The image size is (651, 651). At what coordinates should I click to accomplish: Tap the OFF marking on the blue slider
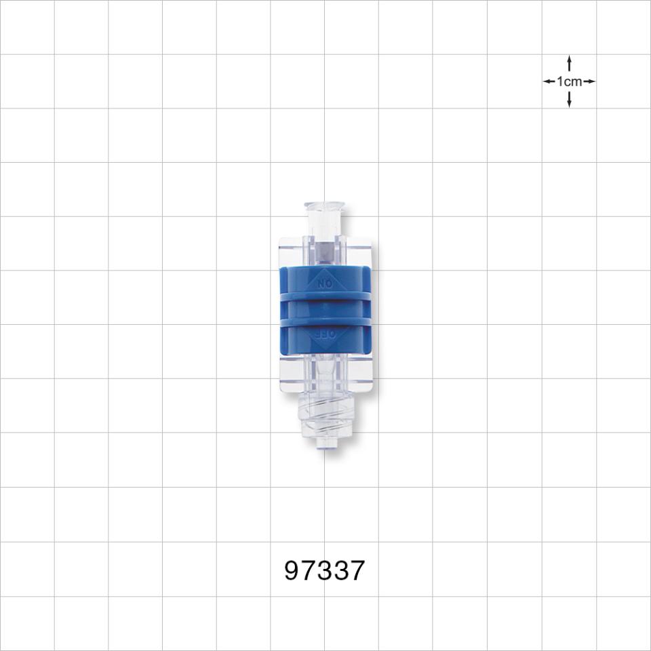[325, 334]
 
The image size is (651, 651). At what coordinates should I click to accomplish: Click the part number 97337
[325, 571]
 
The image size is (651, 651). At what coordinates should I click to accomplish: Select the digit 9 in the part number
[293, 571]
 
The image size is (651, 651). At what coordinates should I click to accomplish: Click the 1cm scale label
[569, 81]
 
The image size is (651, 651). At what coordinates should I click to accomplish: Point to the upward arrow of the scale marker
[569, 63]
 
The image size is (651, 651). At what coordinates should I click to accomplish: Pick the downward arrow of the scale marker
[569, 100]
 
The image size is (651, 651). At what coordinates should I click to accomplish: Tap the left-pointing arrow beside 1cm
[549, 81]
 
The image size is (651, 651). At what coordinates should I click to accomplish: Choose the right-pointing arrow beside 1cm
[589, 81]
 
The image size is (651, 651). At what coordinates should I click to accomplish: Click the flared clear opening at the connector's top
[325, 205]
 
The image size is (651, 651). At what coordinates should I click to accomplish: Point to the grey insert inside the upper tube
[325, 253]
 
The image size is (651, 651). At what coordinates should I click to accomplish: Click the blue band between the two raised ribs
[325, 309]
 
